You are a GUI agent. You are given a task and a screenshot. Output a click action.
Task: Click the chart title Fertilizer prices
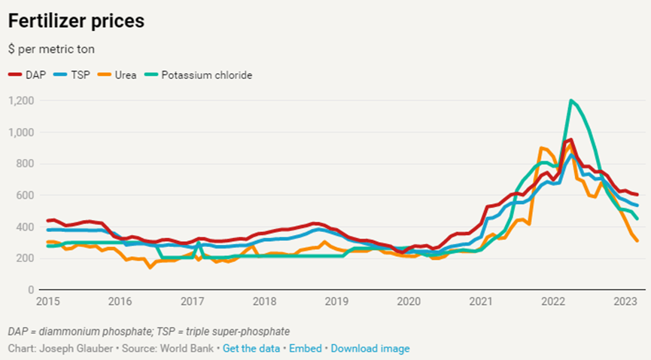tap(76, 21)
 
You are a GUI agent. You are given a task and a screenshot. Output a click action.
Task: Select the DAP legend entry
tap(31, 75)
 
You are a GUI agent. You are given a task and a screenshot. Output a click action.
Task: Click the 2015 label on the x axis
tap(47, 302)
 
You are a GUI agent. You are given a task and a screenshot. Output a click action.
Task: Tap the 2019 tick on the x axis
tap(336, 302)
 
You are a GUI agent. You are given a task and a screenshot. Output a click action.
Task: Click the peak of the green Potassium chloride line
tap(572, 100)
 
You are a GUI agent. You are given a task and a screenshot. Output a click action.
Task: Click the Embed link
tap(306, 349)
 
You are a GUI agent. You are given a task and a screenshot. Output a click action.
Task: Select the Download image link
tap(370, 349)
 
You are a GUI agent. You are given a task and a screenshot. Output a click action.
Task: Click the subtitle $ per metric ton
tap(51, 49)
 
